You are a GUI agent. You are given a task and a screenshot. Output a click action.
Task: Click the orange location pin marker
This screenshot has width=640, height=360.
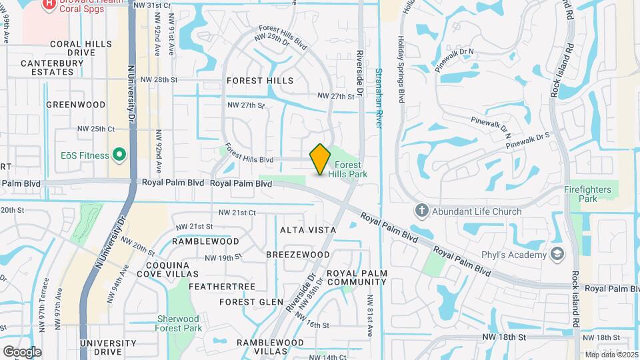click(x=320, y=159)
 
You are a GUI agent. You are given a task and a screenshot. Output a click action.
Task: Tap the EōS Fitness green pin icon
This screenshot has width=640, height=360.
click(x=119, y=155)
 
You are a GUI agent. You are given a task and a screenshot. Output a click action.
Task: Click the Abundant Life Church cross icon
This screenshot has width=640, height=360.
click(x=421, y=211)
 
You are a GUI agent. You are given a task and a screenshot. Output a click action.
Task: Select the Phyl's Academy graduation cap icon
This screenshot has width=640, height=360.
click(x=557, y=253)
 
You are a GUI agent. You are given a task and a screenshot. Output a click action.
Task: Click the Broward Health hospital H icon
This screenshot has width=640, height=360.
click(x=49, y=4)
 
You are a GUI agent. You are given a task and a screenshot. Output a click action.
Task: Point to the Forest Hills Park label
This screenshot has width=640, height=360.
click(x=348, y=169)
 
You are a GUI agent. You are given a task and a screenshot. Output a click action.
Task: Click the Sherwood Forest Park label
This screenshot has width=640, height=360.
click(x=179, y=323)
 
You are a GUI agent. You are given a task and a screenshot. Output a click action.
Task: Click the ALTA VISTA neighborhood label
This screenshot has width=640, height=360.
click(x=308, y=229)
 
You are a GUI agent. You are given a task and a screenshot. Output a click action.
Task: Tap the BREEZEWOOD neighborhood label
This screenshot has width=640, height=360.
click(x=297, y=255)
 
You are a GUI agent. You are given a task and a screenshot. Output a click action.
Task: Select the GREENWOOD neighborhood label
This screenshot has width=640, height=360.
click(x=76, y=105)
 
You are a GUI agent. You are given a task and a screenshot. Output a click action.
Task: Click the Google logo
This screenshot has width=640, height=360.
click(x=22, y=351)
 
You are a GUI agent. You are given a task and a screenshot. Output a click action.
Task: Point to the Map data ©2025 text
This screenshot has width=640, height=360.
click(x=611, y=354)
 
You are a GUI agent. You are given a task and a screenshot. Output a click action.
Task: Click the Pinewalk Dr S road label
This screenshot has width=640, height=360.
click(x=529, y=139)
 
